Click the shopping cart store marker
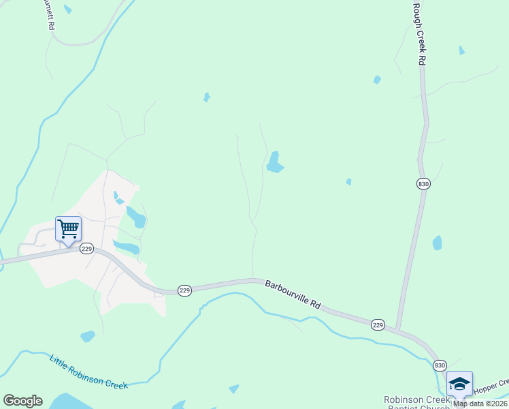(x=68, y=229)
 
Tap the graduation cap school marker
(x=460, y=384)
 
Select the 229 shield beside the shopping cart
(x=86, y=249)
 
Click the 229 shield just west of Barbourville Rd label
(x=185, y=290)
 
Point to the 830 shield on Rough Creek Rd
(x=423, y=183)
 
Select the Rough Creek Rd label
(x=421, y=33)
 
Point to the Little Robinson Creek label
(x=88, y=372)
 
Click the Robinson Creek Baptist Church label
(x=416, y=403)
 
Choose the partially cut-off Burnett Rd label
(x=48, y=15)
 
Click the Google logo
(x=22, y=401)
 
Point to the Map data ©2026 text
(x=480, y=404)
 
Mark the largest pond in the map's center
(x=274, y=162)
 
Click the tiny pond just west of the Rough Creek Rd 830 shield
(x=349, y=181)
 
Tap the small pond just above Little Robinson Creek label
(x=87, y=336)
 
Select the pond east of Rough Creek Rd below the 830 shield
(x=437, y=243)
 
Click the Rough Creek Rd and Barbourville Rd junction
(x=398, y=332)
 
